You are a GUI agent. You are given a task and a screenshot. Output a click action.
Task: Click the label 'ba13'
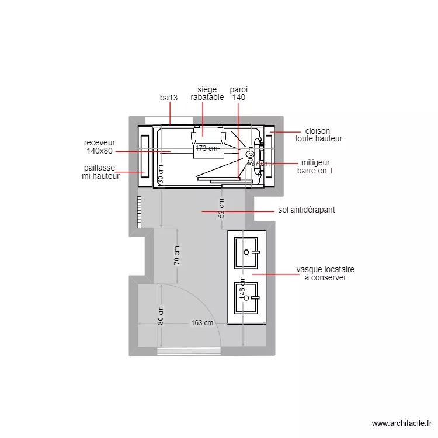pyautogui.click(x=169, y=98)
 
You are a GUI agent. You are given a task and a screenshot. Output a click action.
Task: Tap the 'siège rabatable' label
pyautogui.click(x=207, y=93)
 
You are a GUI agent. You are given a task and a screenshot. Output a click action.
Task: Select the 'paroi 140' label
pyautogui.click(x=239, y=93)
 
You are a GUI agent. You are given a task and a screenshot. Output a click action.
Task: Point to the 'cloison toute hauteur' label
pyautogui.click(x=318, y=135)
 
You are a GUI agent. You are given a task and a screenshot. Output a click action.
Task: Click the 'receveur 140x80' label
pyautogui.click(x=99, y=147)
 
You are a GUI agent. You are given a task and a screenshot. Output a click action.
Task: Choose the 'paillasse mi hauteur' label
pyautogui.click(x=100, y=172)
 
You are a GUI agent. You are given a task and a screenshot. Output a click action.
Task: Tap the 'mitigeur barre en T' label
pyautogui.click(x=315, y=167)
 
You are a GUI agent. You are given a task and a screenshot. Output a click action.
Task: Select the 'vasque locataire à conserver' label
pyautogui.click(x=325, y=274)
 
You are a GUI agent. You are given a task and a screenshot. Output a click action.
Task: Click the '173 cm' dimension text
pyautogui.click(x=207, y=148)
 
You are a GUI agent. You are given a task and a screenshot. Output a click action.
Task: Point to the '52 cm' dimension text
pyautogui.click(x=221, y=208)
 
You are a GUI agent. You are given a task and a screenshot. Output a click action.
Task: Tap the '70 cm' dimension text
pyautogui.click(x=178, y=255)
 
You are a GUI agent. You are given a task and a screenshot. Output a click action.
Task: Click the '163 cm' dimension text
pyautogui.click(x=202, y=323)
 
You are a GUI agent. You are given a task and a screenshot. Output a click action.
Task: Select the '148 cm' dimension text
pyautogui.click(x=242, y=286)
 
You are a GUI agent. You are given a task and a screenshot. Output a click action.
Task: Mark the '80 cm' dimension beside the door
pyautogui.click(x=161, y=316)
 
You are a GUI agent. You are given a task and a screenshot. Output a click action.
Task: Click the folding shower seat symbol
pyautogui.click(x=208, y=138)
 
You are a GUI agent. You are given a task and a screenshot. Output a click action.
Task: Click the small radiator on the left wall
pyautogui.click(x=140, y=211)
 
